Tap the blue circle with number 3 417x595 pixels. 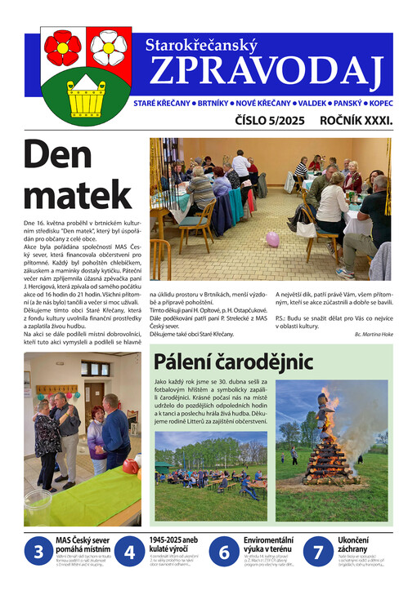click(x=38, y=553)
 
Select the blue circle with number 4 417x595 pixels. click(x=129, y=553)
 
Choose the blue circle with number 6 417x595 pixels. click(x=224, y=553)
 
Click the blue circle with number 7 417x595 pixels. click(x=318, y=553)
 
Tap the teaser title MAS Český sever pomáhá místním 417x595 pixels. click(x=81, y=545)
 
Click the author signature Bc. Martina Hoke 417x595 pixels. click(x=373, y=334)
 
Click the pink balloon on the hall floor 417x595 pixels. click(x=272, y=238)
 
